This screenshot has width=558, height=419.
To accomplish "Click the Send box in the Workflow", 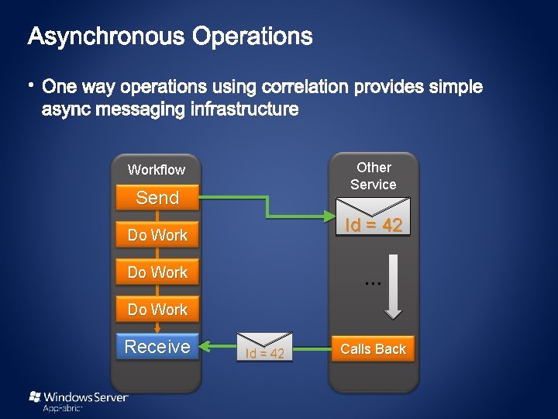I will pyautogui.click(x=157, y=198).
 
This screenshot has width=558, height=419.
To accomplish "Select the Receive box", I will pyautogui.click(x=157, y=347).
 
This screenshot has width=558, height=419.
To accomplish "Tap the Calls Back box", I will pyautogui.click(x=373, y=349).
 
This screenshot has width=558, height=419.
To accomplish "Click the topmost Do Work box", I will pyautogui.click(x=157, y=235).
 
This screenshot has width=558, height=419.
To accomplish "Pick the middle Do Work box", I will pyautogui.click(x=157, y=272).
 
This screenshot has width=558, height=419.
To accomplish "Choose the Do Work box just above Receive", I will pyautogui.click(x=157, y=310).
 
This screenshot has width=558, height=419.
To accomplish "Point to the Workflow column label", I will pyautogui.click(x=157, y=170).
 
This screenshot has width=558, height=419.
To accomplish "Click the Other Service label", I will pyautogui.click(x=374, y=176).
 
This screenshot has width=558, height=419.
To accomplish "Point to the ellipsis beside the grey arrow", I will pyautogui.click(x=373, y=283).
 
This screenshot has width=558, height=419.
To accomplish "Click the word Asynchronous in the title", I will pyautogui.click(x=107, y=36).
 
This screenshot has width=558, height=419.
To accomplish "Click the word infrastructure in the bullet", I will pyautogui.click(x=244, y=109).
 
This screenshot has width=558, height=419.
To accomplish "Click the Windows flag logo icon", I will pyautogui.click(x=35, y=396).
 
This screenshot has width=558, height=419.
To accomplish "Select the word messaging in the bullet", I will pyautogui.click(x=139, y=109).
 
